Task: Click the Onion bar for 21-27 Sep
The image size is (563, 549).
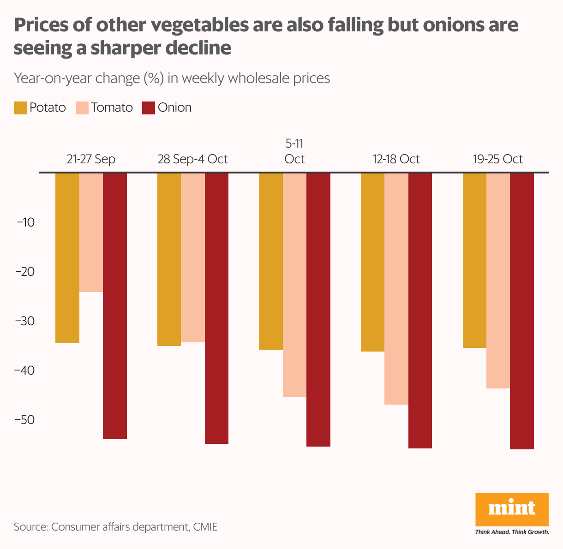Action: tap(115, 306)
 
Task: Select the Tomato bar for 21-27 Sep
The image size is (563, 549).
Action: tap(91, 233)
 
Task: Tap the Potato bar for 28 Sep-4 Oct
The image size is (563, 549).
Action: tap(169, 259)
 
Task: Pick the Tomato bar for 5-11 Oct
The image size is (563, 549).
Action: tap(294, 285)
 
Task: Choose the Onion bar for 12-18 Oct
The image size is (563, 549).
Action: tap(420, 310)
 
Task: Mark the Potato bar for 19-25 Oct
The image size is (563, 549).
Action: tap(474, 260)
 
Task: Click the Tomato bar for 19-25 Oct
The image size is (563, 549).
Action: tap(498, 280)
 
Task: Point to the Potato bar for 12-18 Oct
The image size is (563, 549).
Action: tap(372, 262)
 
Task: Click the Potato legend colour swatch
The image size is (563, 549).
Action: tap(20, 108)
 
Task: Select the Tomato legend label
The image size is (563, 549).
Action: tap(112, 108)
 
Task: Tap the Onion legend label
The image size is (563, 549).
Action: tap(174, 108)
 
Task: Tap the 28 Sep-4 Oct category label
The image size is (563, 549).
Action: tap(193, 159)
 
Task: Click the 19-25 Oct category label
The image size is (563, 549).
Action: tap(498, 159)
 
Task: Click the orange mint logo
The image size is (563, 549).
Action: tap(512, 509)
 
